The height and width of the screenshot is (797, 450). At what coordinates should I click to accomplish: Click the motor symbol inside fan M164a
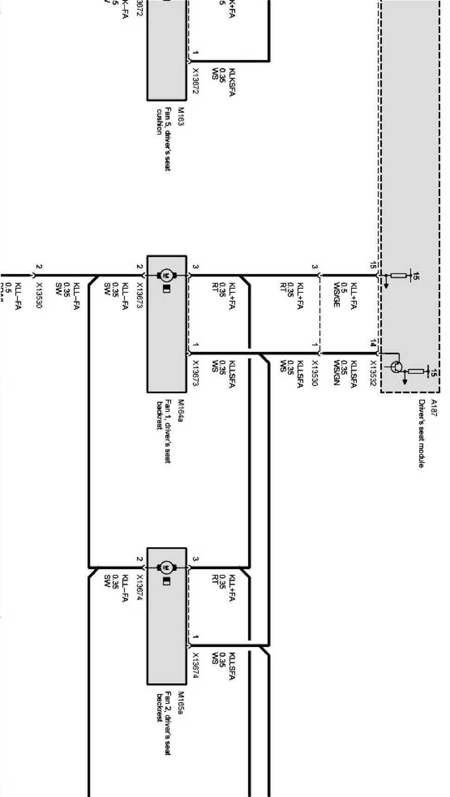(166, 275)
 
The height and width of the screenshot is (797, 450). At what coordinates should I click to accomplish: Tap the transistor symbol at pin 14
(395, 367)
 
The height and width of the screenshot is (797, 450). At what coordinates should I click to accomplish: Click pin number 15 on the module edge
(373, 265)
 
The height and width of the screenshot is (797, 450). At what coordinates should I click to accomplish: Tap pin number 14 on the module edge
(373, 343)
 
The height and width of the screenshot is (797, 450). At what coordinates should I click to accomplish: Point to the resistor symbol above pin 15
(399, 276)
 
